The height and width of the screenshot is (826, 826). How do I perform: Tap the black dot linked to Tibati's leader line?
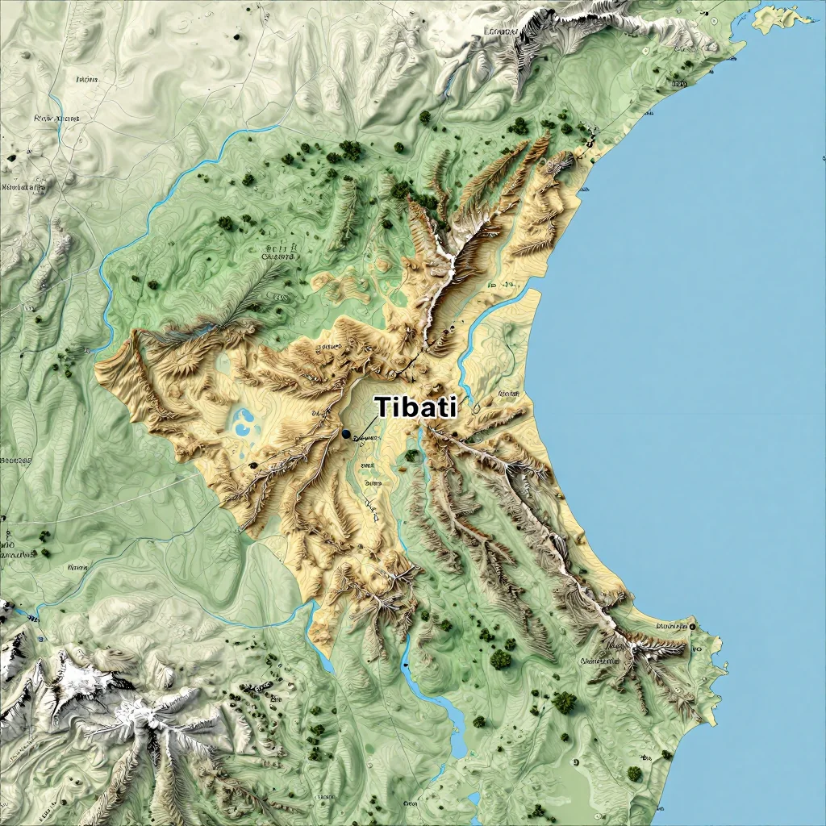click(x=346, y=434)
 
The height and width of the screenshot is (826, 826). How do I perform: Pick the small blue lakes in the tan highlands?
click(x=242, y=421)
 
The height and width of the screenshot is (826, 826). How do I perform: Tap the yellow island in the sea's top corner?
click(x=774, y=18)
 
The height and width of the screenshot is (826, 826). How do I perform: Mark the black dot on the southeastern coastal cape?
click(x=692, y=626)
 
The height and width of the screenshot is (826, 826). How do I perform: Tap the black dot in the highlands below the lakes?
click(x=253, y=465)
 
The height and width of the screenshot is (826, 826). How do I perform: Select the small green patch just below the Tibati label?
click(x=412, y=456)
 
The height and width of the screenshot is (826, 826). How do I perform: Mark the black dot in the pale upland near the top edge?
click(x=236, y=36)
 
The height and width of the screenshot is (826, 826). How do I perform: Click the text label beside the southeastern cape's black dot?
click(x=670, y=626)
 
